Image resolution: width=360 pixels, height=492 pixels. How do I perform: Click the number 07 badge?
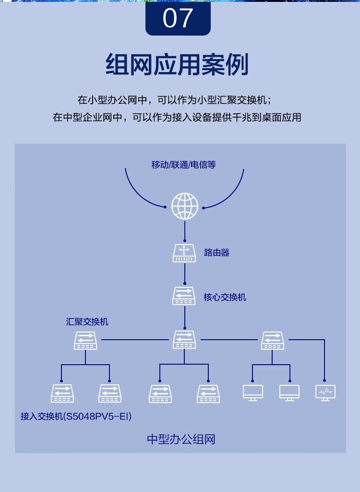click(x=178, y=18)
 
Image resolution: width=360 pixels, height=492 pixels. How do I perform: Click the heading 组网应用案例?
click(x=177, y=64)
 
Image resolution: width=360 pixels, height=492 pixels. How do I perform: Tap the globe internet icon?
click(x=185, y=206)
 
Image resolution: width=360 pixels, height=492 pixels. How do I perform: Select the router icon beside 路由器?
click(x=184, y=254)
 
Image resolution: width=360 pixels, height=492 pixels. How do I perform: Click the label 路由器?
click(x=216, y=253)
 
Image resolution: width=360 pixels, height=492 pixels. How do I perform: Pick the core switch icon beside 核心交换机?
click(x=184, y=296)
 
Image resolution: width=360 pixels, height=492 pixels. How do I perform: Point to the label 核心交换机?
click(x=225, y=297)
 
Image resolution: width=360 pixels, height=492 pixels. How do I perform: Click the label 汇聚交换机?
click(x=87, y=321)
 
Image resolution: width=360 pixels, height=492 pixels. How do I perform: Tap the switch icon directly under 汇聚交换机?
click(x=85, y=341)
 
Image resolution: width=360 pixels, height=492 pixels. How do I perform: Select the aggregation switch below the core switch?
click(x=184, y=340)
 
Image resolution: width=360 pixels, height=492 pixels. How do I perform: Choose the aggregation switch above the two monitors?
click(x=273, y=341)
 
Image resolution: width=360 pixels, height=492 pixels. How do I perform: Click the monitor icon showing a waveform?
click(x=325, y=393)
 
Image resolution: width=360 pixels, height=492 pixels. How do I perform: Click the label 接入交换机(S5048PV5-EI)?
click(x=76, y=417)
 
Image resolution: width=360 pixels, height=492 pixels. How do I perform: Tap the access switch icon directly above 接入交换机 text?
click(x=62, y=394)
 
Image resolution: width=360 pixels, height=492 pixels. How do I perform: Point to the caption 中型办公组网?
click(x=181, y=439)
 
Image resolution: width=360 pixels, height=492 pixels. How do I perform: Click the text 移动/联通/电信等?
click(x=183, y=165)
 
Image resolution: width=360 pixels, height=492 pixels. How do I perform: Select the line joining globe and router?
click(x=185, y=232)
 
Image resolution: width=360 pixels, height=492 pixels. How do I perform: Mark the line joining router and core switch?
click(x=185, y=273)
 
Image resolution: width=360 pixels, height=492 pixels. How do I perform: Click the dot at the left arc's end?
click(x=165, y=207)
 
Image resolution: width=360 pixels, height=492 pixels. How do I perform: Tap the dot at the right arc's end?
click(x=204, y=208)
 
